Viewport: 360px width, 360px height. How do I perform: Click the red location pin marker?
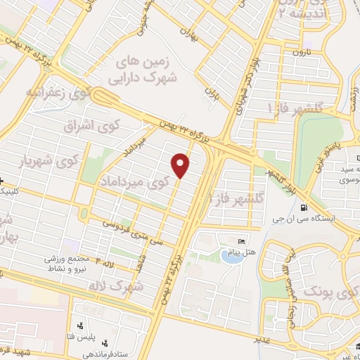click(x=181, y=165)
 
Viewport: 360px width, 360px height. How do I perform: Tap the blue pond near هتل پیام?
click(x=230, y=256)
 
